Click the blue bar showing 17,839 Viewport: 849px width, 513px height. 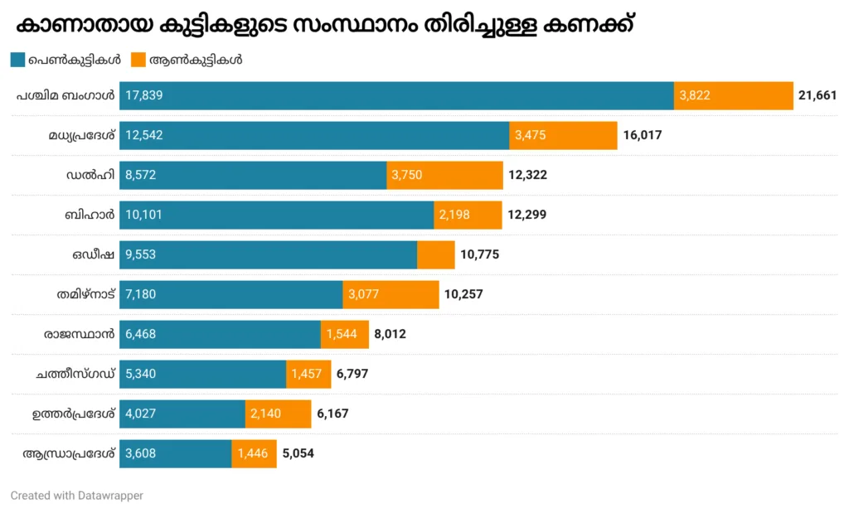[x=396, y=95]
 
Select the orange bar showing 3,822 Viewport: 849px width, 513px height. [x=734, y=95]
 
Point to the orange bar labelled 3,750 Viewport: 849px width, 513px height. [x=444, y=175]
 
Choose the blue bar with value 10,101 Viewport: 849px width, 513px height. [x=276, y=215]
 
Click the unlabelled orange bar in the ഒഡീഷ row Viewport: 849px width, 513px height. [x=436, y=254]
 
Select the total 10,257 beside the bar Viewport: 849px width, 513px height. [x=463, y=294]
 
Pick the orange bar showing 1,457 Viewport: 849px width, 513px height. [x=308, y=374]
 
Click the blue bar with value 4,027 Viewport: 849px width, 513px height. [x=182, y=414]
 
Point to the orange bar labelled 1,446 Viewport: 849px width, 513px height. [x=254, y=453]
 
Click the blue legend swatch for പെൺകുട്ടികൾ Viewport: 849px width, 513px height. [x=17, y=60]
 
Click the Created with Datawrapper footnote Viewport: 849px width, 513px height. [x=76, y=496]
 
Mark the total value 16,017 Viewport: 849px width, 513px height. [x=643, y=135]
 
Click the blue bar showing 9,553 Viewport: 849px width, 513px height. [x=268, y=254]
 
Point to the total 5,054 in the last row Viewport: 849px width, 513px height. [x=298, y=453]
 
